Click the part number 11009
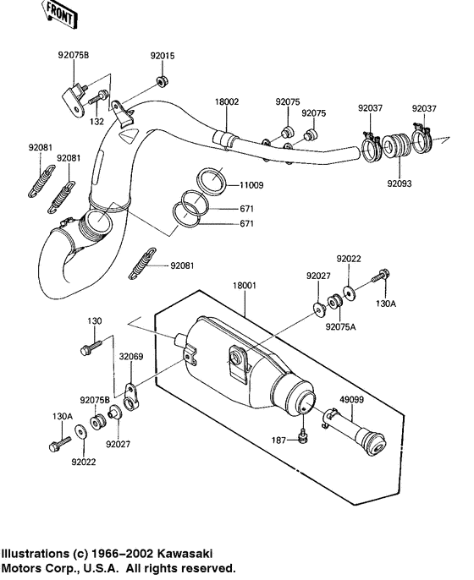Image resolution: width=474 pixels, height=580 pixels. pos(252,183)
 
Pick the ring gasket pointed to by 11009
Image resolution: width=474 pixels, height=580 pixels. pos(212,178)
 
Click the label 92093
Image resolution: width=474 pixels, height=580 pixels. pos(400,182)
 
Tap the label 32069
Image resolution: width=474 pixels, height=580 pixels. pos(130,357)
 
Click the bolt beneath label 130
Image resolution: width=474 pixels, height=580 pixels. pos(89,347)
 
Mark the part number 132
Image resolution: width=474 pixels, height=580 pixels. pos(97,122)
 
